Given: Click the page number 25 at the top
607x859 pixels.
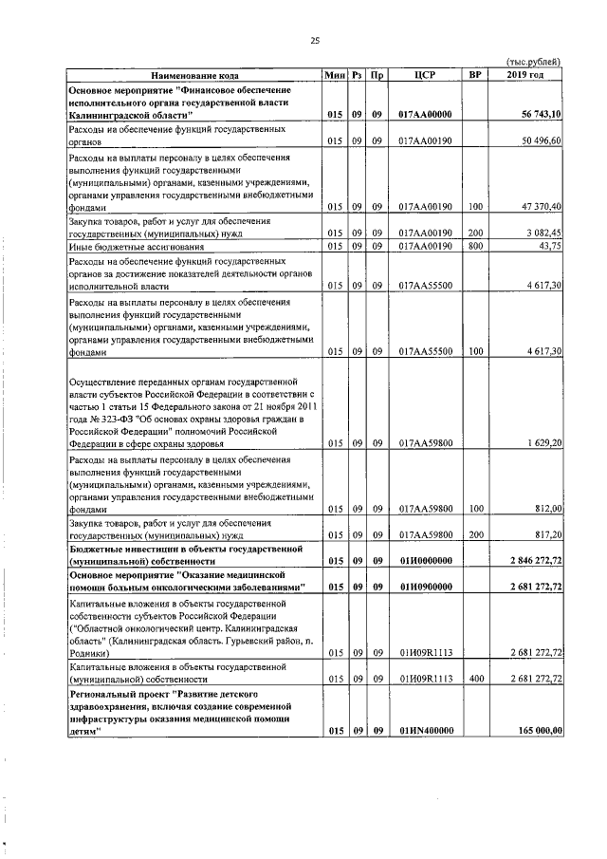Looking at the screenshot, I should click(x=315, y=40).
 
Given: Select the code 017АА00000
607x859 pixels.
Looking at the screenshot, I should click(x=426, y=115).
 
